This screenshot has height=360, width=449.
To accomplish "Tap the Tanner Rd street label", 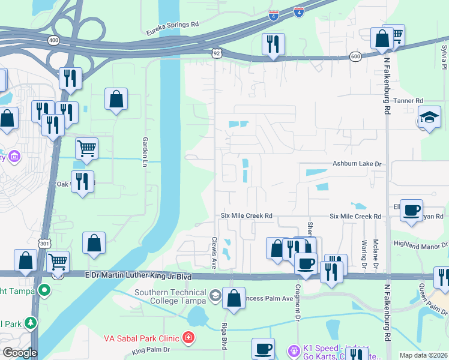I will tap(411, 101).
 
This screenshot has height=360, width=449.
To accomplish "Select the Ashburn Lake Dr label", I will tap(357, 164).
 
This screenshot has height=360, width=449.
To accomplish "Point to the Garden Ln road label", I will tap(145, 151).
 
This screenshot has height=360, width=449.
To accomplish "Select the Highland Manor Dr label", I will tap(420, 244).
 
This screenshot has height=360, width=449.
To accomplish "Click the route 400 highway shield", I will tap(54, 40).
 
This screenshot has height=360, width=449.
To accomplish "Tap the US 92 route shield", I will tap(216, 53).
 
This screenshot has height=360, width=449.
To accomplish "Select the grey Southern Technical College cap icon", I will tap(215, 295).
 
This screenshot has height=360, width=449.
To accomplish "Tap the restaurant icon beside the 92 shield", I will tap(273, 44).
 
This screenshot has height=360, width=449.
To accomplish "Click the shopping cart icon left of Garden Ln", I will tap(87, 149).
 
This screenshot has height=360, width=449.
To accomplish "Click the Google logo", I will tap(20, 353).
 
